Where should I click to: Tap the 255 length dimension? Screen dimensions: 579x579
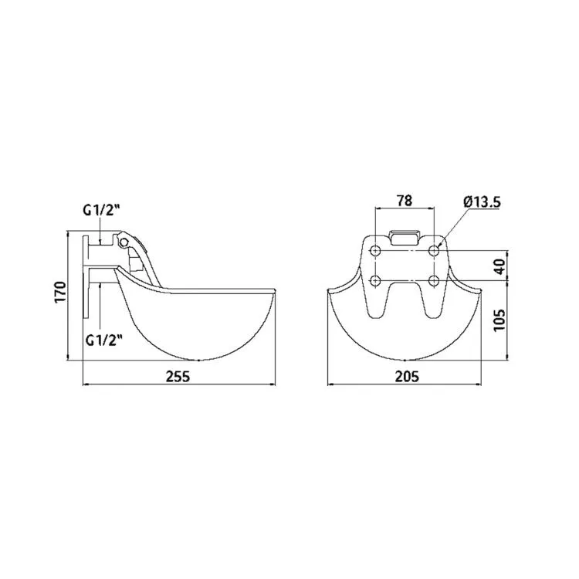point(178,377)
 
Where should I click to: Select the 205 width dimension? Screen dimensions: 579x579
point(408,377)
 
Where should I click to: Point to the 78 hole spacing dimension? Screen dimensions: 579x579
point(405,201)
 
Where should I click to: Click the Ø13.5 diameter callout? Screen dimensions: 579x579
point(482,202)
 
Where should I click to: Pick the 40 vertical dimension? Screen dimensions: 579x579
point(499,266)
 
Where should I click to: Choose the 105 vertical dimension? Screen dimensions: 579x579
point(499,320)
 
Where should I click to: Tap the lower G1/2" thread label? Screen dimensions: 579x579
point(103,340)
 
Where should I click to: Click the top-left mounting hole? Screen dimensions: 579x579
point(376,251)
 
